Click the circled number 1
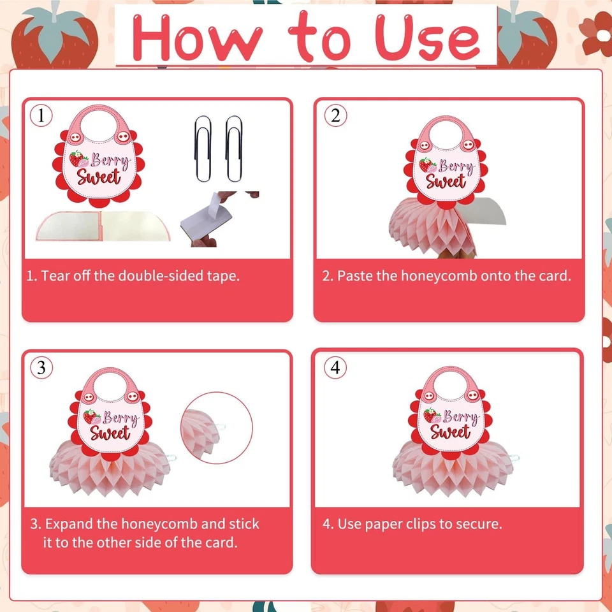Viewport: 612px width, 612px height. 41,115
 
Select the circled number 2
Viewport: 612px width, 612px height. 335,115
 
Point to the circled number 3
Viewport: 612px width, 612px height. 41,368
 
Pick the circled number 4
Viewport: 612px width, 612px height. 335,368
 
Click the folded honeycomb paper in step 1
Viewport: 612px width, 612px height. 102,226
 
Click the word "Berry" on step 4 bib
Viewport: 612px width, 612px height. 460,418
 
